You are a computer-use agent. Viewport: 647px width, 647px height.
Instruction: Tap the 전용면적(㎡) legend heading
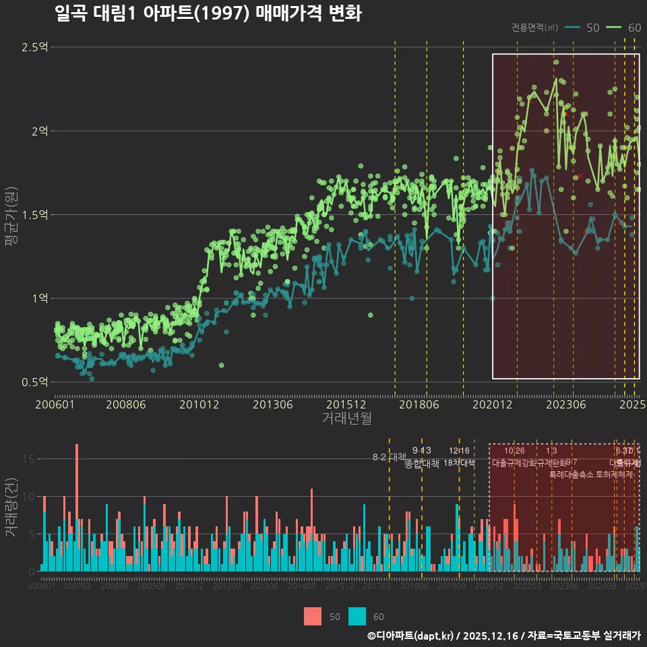pyautogui.click(x=534, y=28)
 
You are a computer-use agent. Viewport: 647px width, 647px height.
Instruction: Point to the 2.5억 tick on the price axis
pyautogui.click(x=34, y=47)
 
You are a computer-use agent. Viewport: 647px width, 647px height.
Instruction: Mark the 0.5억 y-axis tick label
pyautogui.click(x=34, y=382)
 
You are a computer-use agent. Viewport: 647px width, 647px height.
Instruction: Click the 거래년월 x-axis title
pyautogui.click(x=346, y=418)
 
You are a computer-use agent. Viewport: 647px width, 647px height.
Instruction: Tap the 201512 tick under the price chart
pyautogui.click(x=346, y=404)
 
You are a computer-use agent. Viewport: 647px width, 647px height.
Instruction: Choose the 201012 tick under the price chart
pyautogui.click(x=199, y=404)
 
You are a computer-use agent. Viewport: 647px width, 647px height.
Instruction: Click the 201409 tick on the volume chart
pyautogui.click(x=302, y=586)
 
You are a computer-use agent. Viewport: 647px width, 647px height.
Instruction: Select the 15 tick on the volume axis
pyautogui.click(x=29, y=459)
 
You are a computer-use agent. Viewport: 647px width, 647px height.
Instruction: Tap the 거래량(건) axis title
pyautogui.click(x=11, y=507)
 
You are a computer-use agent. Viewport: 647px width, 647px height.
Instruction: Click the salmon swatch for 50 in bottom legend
pyautogui.click(x=313, y=616)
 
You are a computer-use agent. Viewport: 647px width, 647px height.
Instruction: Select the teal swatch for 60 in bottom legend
pyautogui.click(x=357, y=616)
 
